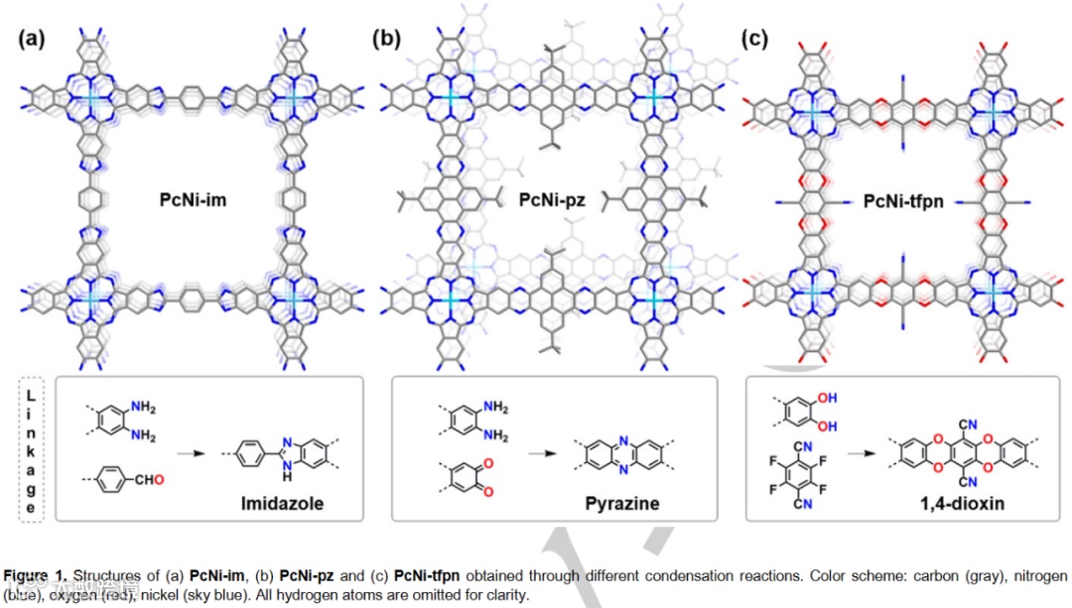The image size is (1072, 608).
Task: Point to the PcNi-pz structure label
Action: (x=552, y=200)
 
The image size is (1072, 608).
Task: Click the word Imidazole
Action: (x=282, y=504)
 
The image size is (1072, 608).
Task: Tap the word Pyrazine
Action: (x=621, y=504)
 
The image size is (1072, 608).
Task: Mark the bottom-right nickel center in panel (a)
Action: (x=294, y=299)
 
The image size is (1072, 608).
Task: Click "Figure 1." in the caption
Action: (x=37, y=576)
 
